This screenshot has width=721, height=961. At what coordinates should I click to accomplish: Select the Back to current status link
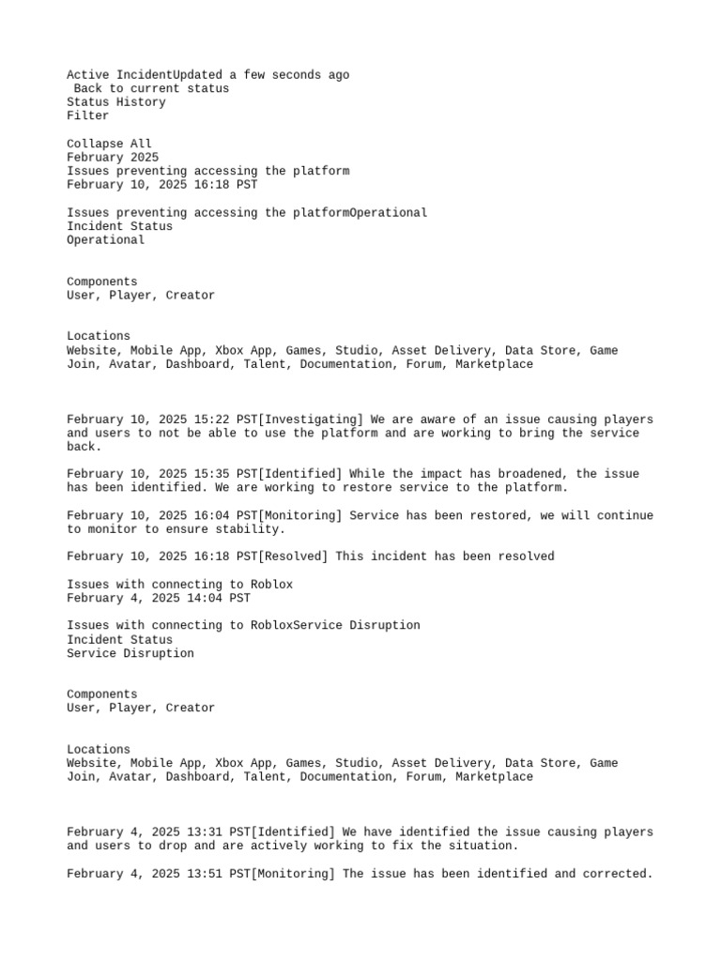pos(151,88)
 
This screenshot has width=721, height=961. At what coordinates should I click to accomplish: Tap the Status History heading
pos(115,102)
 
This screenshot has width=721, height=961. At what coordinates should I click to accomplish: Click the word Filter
pos(87,116)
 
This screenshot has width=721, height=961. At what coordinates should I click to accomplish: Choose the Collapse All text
pos(109,145)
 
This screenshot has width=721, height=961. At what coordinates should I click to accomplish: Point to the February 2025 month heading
pos(113,158)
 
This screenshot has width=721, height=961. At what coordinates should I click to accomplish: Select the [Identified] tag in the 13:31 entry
pos(293,832)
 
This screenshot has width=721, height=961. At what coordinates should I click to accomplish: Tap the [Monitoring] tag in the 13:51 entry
pos(293,874)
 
